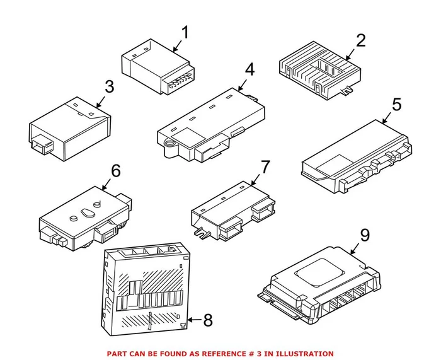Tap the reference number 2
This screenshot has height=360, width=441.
360,41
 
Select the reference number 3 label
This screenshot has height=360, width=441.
110,86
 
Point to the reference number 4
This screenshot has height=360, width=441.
249,70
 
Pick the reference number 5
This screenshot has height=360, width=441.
395,104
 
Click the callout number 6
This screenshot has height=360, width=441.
115,170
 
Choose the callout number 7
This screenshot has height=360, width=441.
265,167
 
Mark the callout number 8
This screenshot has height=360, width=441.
207,320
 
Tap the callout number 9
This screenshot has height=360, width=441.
364,236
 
